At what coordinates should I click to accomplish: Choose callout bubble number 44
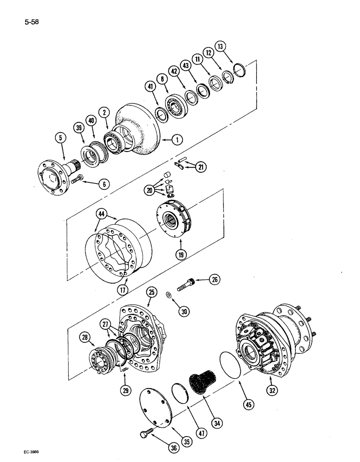(x=102, y=213)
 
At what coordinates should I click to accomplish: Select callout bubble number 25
(x=151, y=292)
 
